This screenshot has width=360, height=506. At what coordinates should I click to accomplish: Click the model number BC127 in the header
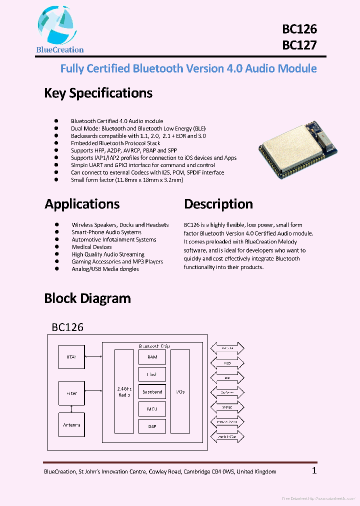pyautogui.click(x=299, y=45)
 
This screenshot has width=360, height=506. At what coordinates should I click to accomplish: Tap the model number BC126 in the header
pyautogui.click(x=299, y=29)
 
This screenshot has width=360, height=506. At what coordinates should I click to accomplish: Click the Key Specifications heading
pyautogui.click(x=98, y=93)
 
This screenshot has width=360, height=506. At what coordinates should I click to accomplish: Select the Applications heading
pyautogui.click(x=82, y=204)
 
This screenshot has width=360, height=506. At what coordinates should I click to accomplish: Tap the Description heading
pyautogui.click(x=218, y=204)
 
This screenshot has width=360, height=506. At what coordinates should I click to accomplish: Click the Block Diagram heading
pyautogui.click(x=87, y=298)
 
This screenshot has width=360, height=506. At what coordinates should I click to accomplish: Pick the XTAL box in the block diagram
pyautogui.click(x=71, y=357)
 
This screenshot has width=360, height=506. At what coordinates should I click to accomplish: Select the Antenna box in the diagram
pyautogui.click(x=71, y=425)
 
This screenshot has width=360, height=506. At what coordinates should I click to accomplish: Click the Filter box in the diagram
pyautogui.click(x=71, y=393)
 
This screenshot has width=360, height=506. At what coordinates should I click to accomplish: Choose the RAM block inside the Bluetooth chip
pyautogui.click(x=152, y=357)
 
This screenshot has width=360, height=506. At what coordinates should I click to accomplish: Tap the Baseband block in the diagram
pyautogui.click(x=152, y=392)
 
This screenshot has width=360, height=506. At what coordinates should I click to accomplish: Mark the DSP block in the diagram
pyautogui.click(x=152, y=426)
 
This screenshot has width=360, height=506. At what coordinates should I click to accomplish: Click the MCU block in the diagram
pyautogui.click(x=152, y=409)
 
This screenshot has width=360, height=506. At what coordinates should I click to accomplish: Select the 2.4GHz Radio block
pyautogui.click(x=124, y=391)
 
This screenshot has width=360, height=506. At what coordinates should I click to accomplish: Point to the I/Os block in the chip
pyautogui.click(x=180, y=391)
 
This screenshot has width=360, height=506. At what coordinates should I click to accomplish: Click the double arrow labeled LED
pyautogui.click(x=227, y=378)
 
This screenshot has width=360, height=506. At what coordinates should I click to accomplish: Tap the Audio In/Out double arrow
pyautogui.click(x=227, y=436)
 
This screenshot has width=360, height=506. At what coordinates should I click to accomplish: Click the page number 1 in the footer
pyautogui.click(x=314, y=470)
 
